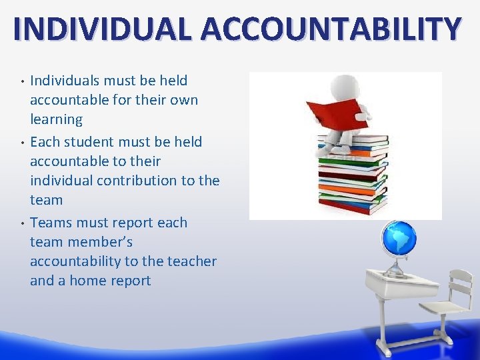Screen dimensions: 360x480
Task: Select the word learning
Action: [x=56, y=120]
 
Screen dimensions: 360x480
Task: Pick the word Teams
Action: [x=51, y=223]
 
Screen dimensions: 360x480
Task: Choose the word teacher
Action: [x=183, y=261]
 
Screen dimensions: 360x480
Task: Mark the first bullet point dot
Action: [x=23, y=82]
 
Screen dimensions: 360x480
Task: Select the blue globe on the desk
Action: [x=399, y=239]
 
